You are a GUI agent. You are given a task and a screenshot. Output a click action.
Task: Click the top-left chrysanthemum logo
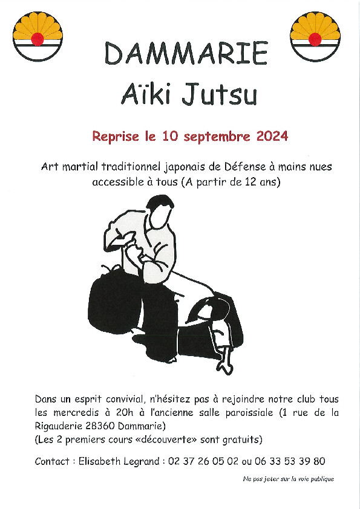[x=38, y=36]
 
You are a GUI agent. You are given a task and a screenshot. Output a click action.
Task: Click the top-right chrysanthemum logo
[x=315, y=36]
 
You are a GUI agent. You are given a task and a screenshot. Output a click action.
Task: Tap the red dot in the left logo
[x=38, y=39]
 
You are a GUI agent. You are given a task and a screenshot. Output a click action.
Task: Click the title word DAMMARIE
[x=186, y=53]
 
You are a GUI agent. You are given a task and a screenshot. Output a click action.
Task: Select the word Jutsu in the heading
[x=219, y=94]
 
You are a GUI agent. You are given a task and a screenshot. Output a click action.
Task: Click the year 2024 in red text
[x=272, y=136]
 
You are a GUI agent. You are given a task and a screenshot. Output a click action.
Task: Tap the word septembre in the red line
[x=217, y=137]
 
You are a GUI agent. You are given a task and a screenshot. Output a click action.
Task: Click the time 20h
[x=125, y=413]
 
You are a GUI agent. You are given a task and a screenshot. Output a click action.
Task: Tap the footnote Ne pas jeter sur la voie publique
[x=289, y=479]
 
